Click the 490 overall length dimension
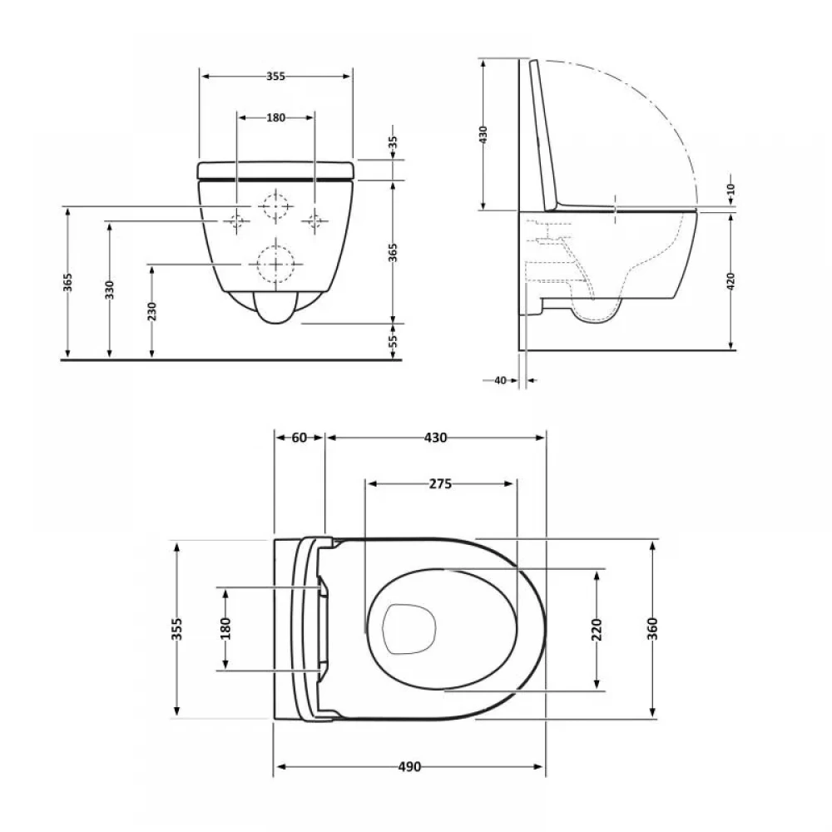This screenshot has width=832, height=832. coord(409,767)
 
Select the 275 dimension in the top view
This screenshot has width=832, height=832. coord(440,484)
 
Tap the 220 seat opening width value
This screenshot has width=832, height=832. coord(597,630)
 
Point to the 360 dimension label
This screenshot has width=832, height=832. coord(652,629)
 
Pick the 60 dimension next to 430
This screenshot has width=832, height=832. coord(300,438)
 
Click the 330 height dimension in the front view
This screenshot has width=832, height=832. coord(109,290)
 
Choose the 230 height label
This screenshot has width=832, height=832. coord(151,311)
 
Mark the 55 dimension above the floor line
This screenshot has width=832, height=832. coord(394,340)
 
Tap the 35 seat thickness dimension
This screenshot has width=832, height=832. coord(393,143)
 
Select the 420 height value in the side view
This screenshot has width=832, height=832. coord(730,281)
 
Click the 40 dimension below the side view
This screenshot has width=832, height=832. coord(500,380)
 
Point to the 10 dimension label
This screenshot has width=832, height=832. coord(730,189)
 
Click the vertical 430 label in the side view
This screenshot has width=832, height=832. coord(483,135)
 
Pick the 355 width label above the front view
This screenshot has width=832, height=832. coord(275,77)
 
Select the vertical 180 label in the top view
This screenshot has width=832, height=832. coord(225,629)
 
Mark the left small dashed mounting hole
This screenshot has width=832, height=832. coord(237,220)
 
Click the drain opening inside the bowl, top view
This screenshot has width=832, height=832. coord(409,629)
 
